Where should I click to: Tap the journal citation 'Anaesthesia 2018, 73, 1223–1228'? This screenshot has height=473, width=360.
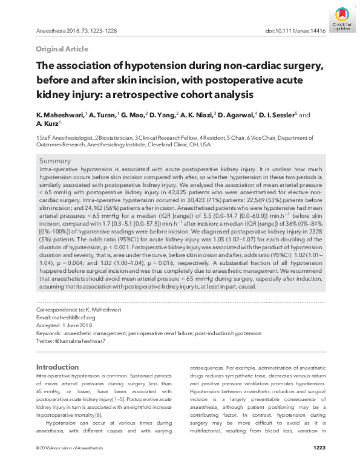(76, 30)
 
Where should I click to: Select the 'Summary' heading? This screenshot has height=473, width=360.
(55, 161)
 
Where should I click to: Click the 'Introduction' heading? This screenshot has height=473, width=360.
(57, 367)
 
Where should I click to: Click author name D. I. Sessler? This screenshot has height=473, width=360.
(294, 115)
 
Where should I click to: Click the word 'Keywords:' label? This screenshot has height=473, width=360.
(48, 333)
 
